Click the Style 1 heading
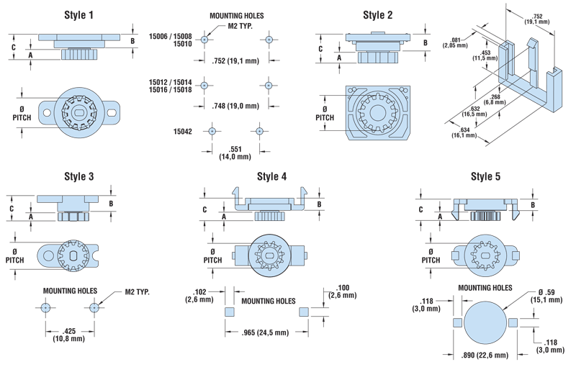point(78,14)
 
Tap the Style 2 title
point(378,14)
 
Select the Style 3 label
point(78,176)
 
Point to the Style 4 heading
point(272,176)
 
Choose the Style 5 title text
point(485,176)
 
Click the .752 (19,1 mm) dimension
point(237,61)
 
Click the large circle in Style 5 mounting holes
point(484,323)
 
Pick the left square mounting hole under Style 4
point(228,312)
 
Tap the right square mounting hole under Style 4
point(303,312)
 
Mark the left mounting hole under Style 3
point(46,307)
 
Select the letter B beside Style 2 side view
point(425,42)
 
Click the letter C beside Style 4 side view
point(204,209)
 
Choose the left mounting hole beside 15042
point(212,132)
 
